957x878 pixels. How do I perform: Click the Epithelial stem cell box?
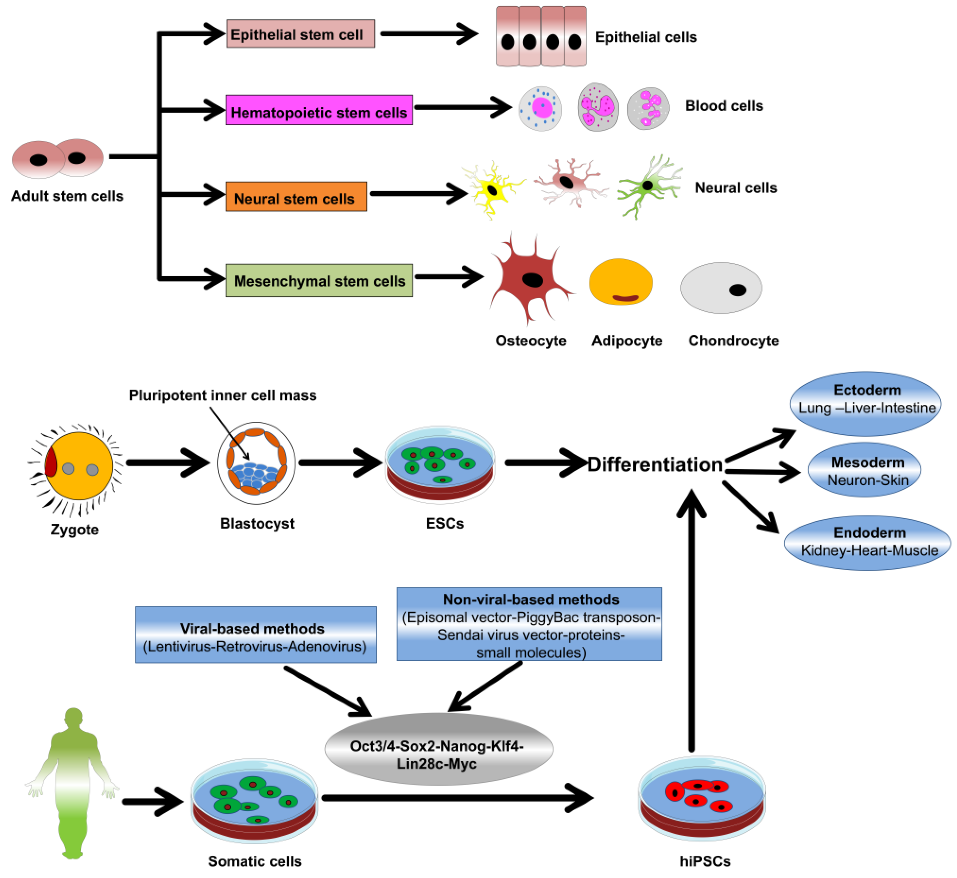coord(300,34)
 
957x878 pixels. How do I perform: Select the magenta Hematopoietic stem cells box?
coord(319,110)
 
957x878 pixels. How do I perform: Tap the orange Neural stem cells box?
coord(296,196)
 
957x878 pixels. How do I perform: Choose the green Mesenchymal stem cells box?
coord(319,280)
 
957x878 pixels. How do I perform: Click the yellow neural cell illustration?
coord(493,190)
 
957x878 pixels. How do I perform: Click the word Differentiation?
coord(655,464)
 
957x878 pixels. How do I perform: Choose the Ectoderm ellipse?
coord(865,403)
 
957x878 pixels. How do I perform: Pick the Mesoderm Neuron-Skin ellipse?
coord(864,470)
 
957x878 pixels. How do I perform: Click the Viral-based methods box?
coord(256,634)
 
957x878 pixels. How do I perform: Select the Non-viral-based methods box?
coord(529,624)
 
